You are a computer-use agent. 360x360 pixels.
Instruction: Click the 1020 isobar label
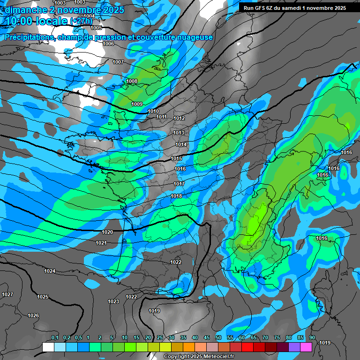[x=107, y=232]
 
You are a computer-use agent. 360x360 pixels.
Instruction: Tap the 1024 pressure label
[x=50, y=271]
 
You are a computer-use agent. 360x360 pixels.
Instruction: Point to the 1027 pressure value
[x=7, y=294]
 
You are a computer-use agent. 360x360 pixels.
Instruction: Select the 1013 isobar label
[x=179, y=133]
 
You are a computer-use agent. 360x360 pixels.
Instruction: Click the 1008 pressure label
[x=132, y=82]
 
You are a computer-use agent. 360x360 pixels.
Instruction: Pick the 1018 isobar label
[x=176, y=196]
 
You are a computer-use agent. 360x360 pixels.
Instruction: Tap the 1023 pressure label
[x=113, y=301]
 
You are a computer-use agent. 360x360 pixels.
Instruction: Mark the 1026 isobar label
[x=33, y=315]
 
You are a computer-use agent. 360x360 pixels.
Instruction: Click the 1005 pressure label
[x=97, y=28]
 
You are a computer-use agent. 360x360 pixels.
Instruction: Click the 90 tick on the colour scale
[x=312, y=337]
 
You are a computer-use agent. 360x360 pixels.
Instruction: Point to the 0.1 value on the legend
[x=54, y=337]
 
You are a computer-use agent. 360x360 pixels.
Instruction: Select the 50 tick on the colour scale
[x=218, y=337]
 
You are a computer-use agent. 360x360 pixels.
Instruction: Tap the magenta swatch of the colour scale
[x=306, y=347]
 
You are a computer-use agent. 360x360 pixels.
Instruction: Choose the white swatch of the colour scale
[x=48, y=347]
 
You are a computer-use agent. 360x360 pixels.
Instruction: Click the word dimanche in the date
[x=24, y=9]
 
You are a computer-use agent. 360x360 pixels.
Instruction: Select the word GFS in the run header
[x=262, y=7]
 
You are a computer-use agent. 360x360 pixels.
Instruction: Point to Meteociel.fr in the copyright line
[x=214, y=357]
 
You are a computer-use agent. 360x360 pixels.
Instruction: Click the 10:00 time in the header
[x=18, y=21]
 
